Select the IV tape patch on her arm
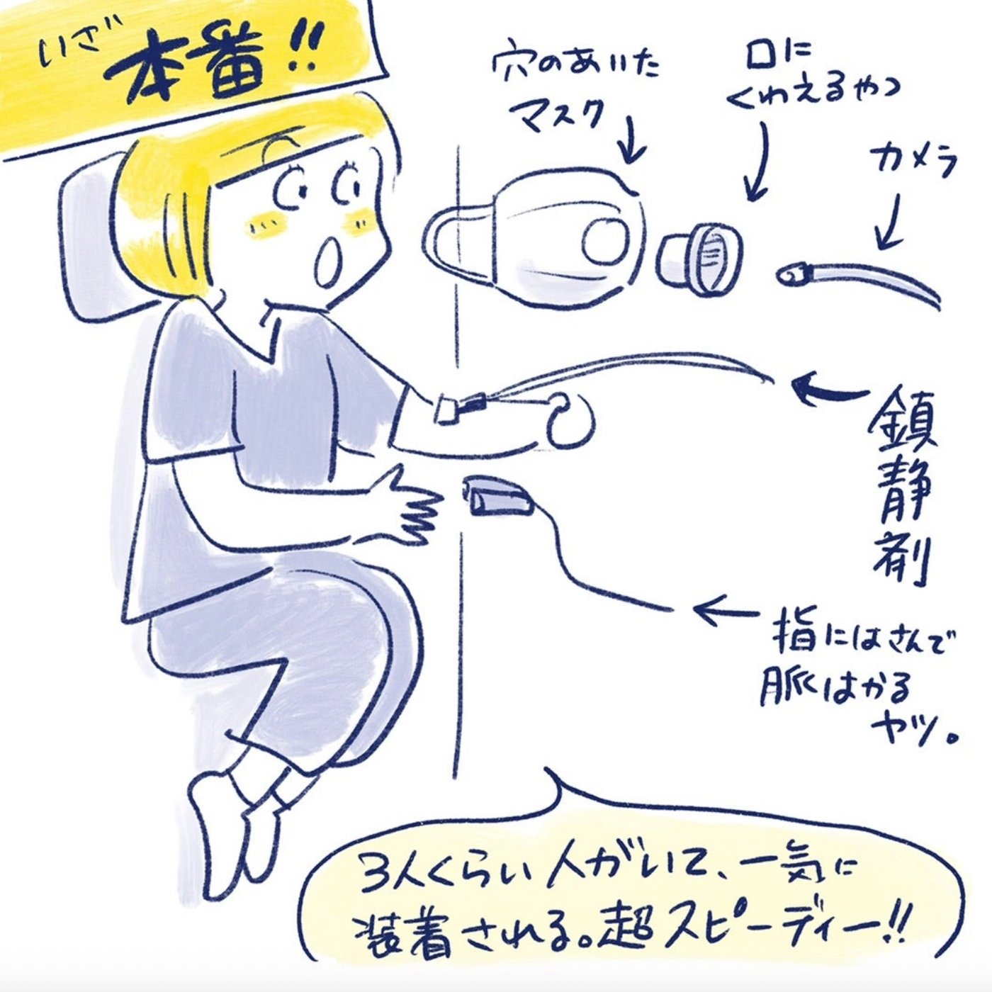coord(446,409)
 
